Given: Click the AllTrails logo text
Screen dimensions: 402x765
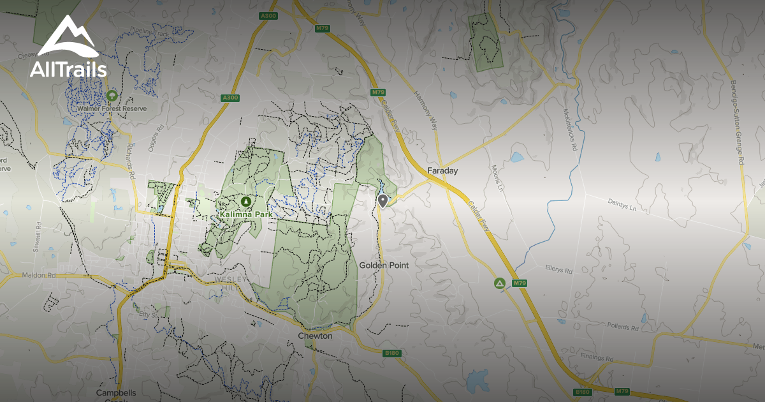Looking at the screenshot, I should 68,68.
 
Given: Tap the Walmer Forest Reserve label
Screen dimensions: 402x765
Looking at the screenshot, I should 112,108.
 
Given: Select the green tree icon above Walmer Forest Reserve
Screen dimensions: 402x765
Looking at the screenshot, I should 112,96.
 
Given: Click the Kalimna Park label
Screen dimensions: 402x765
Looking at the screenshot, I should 245,215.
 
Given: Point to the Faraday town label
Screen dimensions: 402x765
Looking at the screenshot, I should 442,171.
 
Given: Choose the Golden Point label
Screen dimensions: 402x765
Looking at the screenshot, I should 384,265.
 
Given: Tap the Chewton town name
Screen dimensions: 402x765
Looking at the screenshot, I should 315,336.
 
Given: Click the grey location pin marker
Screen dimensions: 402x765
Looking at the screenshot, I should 382,201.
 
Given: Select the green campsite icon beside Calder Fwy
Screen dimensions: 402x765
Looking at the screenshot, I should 499,283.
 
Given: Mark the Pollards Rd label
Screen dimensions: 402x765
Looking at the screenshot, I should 623,327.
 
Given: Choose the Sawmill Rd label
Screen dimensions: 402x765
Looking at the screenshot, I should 39,236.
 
